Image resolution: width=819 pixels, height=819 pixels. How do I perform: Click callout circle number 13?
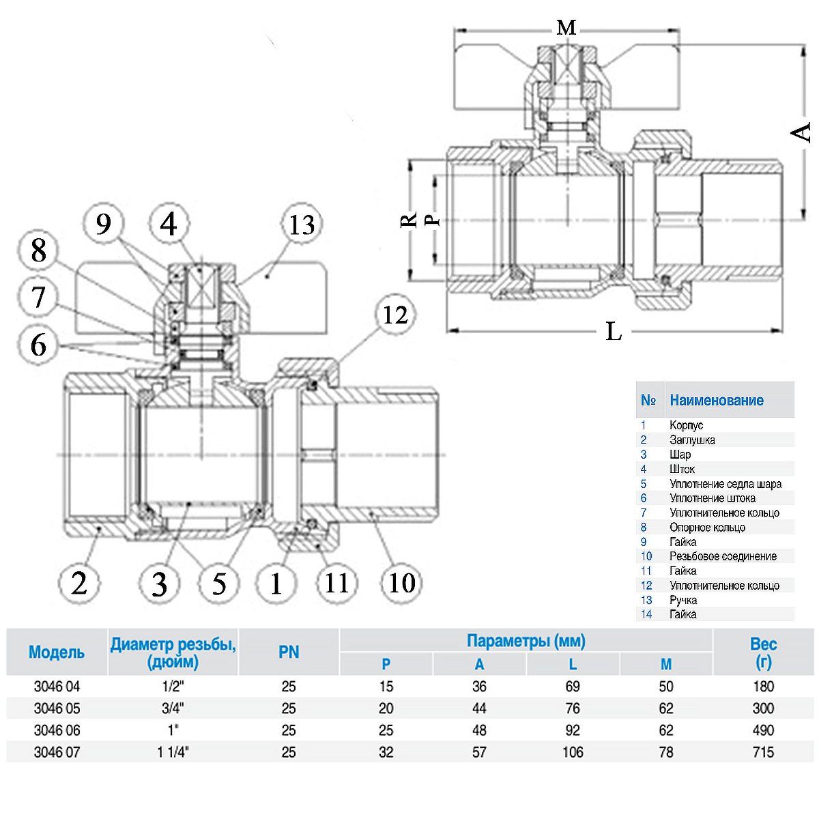pyautogui.click(x=302, y=225)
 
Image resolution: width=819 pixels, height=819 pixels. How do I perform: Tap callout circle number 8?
pyautogui.click(x=39, y=250)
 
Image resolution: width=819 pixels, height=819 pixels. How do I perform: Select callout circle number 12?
pyautogui.click(x=395, y=315)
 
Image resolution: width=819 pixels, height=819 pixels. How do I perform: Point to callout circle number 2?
pyautogui.click(x=79, y=584)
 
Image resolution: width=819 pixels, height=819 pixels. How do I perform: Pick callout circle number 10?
pyautogui.click(x=401, y=584)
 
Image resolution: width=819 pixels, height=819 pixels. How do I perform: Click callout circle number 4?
pyautogui.click(x=169, y=224)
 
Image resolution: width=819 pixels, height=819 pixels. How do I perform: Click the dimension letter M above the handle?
pyautogui.click(x=566, y=28)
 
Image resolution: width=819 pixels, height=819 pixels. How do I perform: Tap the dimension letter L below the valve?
pyautogui.click(x=614, y=332)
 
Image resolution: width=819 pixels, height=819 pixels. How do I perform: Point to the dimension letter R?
pyautogui.click(x=408, y=220)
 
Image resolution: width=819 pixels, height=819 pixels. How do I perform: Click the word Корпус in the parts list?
pyautogui.click(x=686, y=425)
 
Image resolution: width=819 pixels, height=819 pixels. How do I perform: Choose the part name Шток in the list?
pyautogui.click(x=682, y=469)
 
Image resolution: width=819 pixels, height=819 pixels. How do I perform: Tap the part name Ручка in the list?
pyautogui.click(x=683, y=600)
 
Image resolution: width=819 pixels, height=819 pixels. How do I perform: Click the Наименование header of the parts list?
pyautogui.click(x=717, y=401)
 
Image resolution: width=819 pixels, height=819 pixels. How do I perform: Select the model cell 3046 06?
pyautogui.click(x=57, y=730)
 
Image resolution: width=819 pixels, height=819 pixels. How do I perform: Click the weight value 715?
pyautogui.click(x=763, y=752)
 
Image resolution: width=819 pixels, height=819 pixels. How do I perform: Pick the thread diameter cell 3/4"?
pyautogui.click(x=173, y=708)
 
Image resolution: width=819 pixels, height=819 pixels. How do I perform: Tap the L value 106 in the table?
pyautogui.click(x=573, y=752)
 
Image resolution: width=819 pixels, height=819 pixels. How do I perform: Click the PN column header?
pyautogui.click(x=289, y=652)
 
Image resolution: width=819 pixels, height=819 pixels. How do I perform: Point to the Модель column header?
pyautogui.click(x=57, y=652)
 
